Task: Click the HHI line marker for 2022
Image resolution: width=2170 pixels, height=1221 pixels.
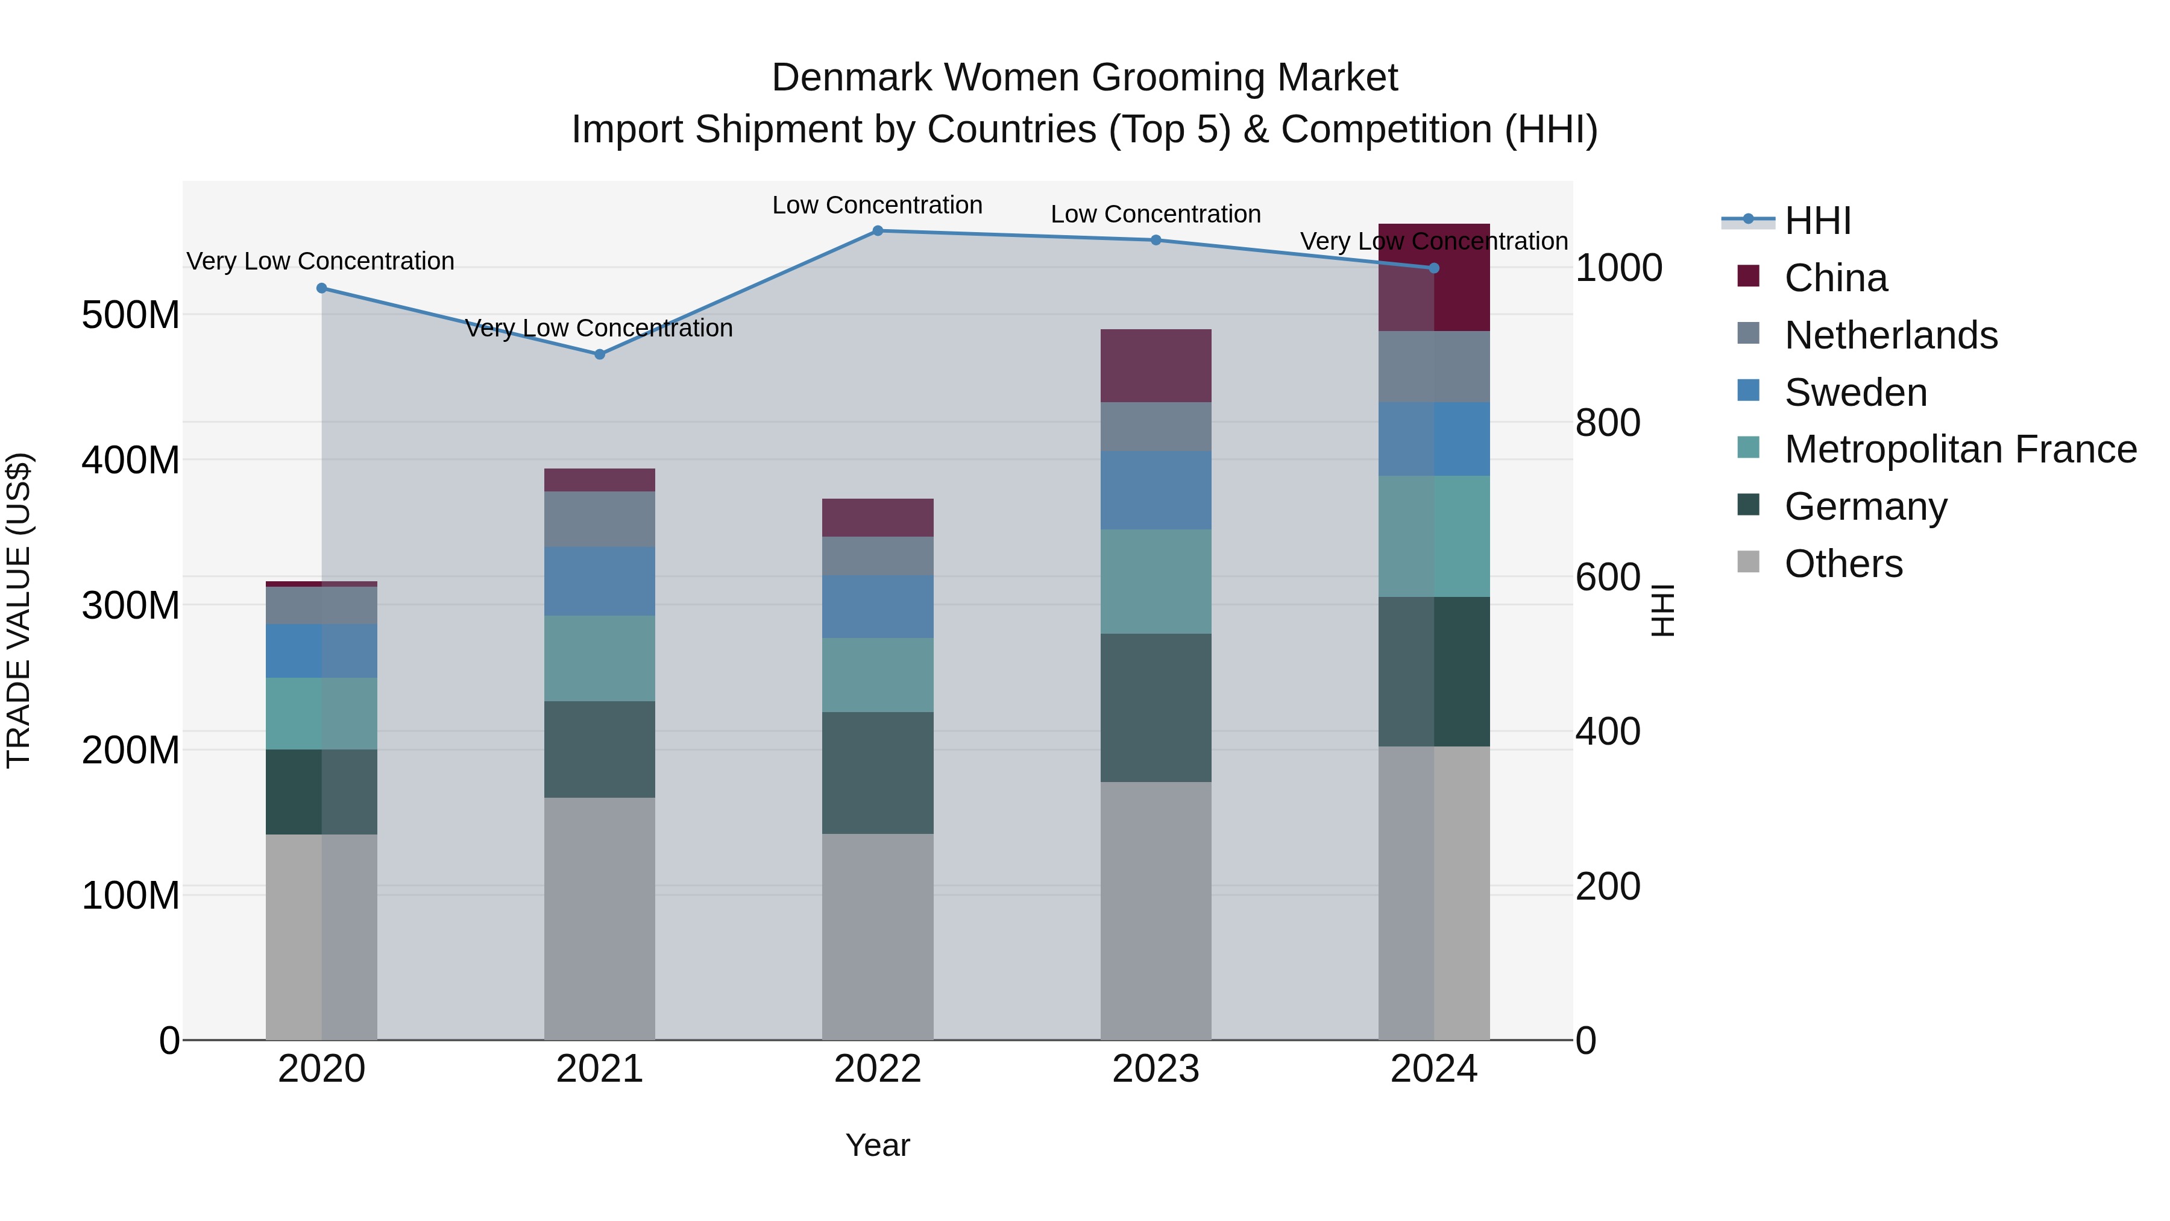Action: click(x=877, y=231)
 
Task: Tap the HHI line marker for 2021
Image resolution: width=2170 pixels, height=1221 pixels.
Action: click(x=599, y=355)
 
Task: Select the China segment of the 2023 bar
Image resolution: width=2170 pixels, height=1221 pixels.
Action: click(x=1155, y=366)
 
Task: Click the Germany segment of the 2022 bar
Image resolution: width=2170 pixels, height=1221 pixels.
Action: click(x=877, y=773)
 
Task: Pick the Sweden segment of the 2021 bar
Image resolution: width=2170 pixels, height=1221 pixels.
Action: click(x=599, y=581)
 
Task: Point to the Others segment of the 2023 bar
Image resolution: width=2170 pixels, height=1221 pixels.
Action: click(x=1155, y=910)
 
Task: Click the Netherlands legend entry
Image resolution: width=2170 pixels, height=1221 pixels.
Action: click(x=1890, y=335)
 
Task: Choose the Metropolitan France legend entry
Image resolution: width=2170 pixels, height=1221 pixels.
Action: click(x=1960, y=449)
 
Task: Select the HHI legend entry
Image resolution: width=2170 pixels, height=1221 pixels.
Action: click(x=1817, y=221)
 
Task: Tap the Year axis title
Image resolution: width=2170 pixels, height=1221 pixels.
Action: click(x=877, y=1145)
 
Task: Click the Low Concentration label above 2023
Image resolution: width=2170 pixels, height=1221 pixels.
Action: click(x=1155, y=214)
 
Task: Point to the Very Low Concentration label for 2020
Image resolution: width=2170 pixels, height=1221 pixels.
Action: click(x=320, y=261)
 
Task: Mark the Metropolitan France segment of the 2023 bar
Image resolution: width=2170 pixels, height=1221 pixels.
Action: click(x=1155, y=581)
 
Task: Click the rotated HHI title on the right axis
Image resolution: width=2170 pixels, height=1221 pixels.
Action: click(x=1662, y=610)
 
